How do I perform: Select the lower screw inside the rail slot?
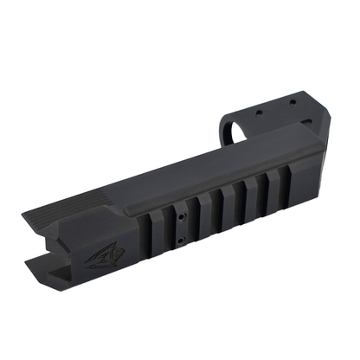click(179, 242)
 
